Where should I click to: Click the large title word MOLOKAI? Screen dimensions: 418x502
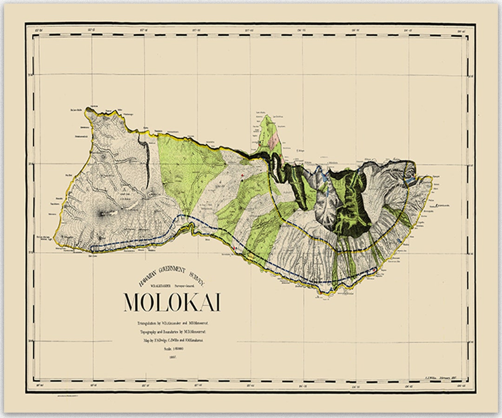[x=172, y=302]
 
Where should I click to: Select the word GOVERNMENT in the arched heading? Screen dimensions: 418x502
[x=171, y=270]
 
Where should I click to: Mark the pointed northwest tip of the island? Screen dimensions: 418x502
[x=87, y=109]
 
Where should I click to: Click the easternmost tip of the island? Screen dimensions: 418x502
[x=432, y=177]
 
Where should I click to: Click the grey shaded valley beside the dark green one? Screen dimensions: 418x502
[x=325, y=200]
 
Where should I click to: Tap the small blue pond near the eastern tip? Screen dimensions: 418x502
[x=411, y=179]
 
